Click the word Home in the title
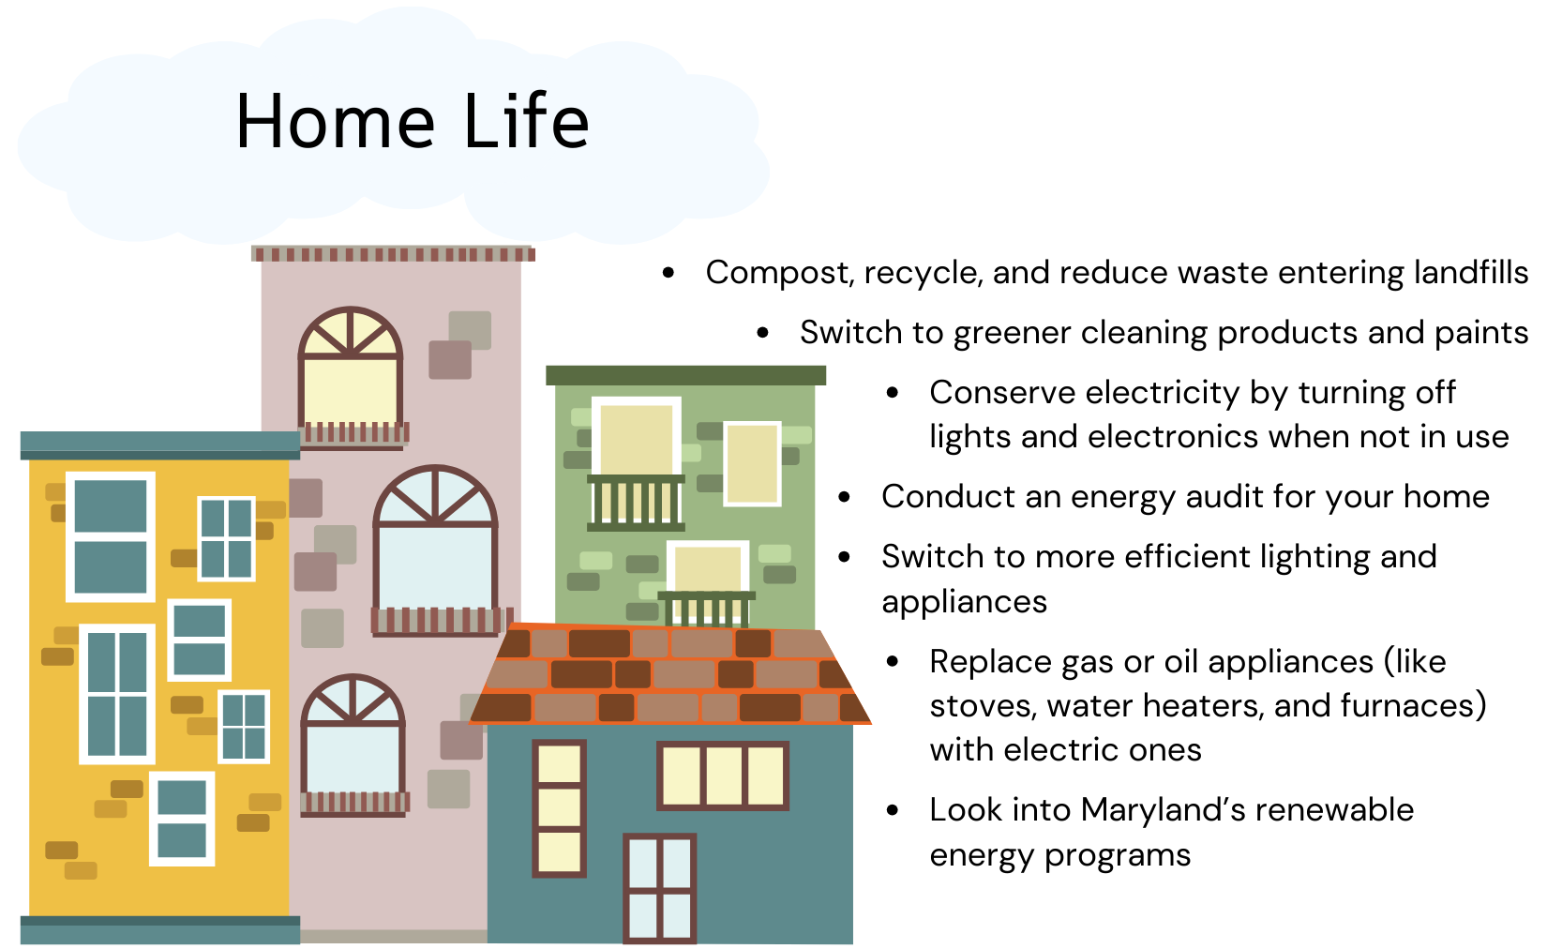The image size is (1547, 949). [x=336, y=122]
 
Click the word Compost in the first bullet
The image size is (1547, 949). [x=775, y=274]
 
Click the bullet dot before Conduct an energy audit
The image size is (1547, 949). [x=844, y=497]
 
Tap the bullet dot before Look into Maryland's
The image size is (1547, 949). [x=893, y=810]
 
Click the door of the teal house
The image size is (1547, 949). [x=659, y=888]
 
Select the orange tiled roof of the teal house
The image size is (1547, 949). [x=669, y=674]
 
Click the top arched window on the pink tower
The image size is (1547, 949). [x=351, y=376]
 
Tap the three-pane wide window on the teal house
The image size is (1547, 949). [x=722, y=775]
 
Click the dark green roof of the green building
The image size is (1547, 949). [x=685, y=375]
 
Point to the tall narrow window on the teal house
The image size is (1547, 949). [x=560, y=808]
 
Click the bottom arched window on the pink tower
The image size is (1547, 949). [x=353, y=746]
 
